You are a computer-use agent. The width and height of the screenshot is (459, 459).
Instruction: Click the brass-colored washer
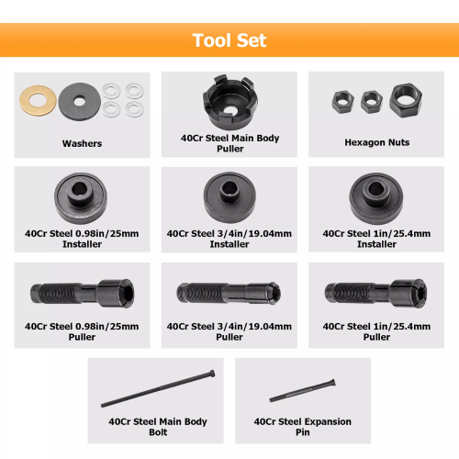click(28, 101)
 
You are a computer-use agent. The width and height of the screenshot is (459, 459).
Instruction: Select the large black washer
click(69, 102)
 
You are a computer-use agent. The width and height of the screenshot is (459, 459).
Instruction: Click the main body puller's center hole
click(229, 109)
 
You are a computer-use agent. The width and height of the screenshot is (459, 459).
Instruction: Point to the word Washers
click(82, 143)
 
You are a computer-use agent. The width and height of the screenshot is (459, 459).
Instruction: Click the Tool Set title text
click(229, 40)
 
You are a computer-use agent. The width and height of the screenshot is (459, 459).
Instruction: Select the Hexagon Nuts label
click(377, 142)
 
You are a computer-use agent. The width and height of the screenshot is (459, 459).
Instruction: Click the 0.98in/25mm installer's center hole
click(80, 189)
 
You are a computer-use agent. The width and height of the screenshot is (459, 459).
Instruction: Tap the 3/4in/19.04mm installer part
click(229, 197)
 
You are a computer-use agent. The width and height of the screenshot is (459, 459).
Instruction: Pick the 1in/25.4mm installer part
click(375, 198)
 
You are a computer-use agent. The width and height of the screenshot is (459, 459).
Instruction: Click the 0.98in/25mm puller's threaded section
click(58, 294)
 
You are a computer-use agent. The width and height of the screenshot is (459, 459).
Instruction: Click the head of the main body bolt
click(212, 374)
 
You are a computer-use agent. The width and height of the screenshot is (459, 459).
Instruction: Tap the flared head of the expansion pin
click(332, 383)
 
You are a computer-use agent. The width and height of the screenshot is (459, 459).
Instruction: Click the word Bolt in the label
click(158, 432)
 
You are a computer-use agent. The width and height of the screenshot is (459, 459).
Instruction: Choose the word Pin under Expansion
click(303, 432)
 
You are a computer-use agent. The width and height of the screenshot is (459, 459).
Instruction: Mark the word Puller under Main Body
click(230, 149)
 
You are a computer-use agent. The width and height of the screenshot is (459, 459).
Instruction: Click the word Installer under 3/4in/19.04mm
click(229, 244)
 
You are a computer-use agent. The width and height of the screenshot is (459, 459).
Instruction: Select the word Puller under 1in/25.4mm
click(376, 337)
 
